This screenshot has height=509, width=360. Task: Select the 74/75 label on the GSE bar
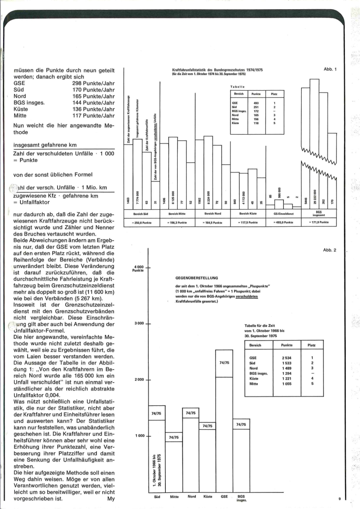click(x=224, y=363)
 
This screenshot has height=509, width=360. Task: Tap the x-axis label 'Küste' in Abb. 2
click(x=207, y=497)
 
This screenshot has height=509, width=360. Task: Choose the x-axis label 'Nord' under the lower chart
click(x=192, y=497)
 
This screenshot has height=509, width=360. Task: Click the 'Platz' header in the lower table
click(x=312, y=345)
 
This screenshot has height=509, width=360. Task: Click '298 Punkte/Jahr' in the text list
click(x=93, y=84)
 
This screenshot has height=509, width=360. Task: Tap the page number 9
click(x=339, y=498)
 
